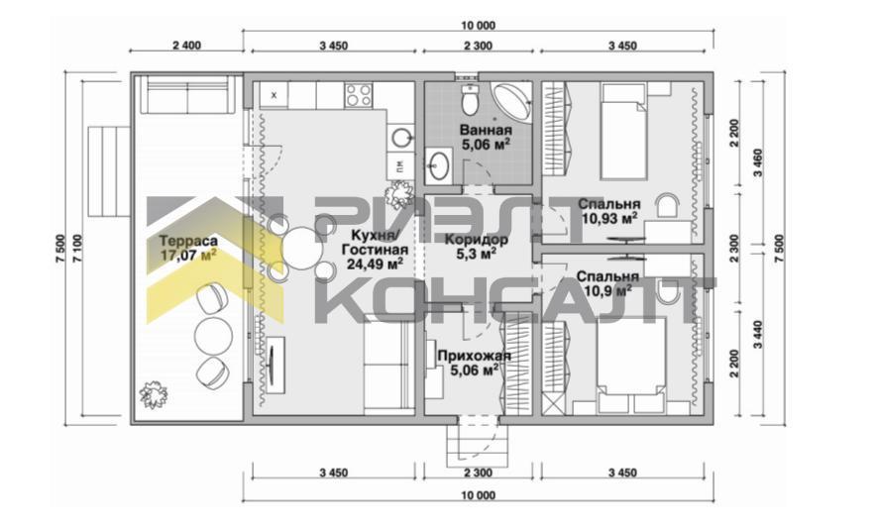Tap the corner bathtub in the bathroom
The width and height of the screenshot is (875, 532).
510,100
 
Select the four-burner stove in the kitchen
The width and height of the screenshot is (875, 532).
359,95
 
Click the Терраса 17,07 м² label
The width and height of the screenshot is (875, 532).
188,248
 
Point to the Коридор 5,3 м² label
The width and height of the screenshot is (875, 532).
476,247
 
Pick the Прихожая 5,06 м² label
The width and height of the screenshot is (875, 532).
474,363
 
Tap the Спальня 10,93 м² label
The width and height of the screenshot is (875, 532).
609,211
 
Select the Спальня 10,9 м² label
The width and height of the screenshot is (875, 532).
607,283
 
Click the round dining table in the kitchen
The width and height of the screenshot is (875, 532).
302,248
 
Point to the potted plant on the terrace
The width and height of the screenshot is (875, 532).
154,395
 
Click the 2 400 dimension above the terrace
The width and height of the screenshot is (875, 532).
186,46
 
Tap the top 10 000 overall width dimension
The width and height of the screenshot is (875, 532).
479,25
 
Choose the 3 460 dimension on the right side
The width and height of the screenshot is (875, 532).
757,162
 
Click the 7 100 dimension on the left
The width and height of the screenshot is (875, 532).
77,249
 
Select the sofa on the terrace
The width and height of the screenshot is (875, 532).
187,95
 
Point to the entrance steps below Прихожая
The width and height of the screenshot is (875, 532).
479,445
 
